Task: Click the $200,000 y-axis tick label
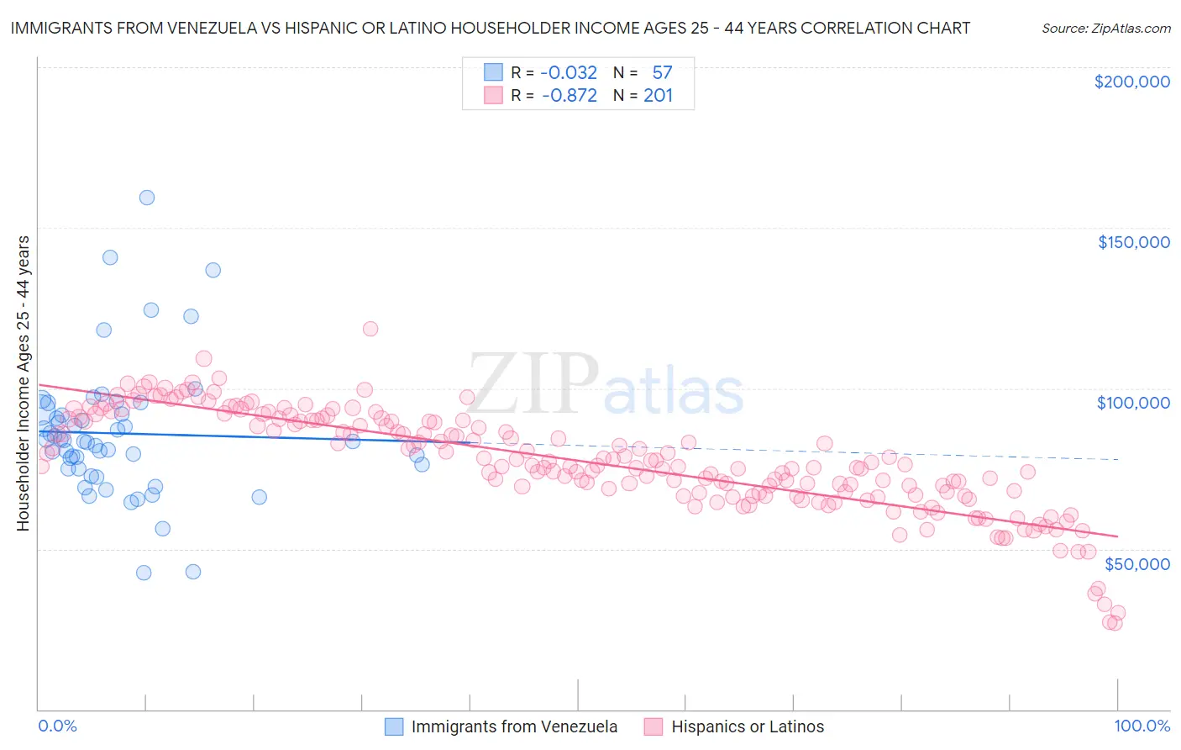tap(1131, 82)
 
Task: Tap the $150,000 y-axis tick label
tap(1133, 242)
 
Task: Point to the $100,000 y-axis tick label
tap(1133, 403)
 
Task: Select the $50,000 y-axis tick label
tap(1136, 563)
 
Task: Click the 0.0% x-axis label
tap(57, 726)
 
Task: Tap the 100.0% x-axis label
tap(1142, 726)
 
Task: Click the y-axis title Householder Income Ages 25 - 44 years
tap(23, 383)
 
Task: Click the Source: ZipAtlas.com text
tap(1105, 28)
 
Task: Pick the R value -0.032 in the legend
tap(569, 72)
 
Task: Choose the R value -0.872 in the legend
tap(569, 96)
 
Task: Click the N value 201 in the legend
tap(658, 96)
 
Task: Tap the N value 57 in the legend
tap(662, 72)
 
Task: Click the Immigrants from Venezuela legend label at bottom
tap(514, 726)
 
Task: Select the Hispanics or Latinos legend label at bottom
tap(748, 726)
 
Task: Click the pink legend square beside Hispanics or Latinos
tap(653, 726)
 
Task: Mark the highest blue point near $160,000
tap(146, 198)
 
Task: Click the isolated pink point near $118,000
tap(370, 329)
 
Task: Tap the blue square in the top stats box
tap(493, 72)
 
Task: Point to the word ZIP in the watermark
tap(533, 383)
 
